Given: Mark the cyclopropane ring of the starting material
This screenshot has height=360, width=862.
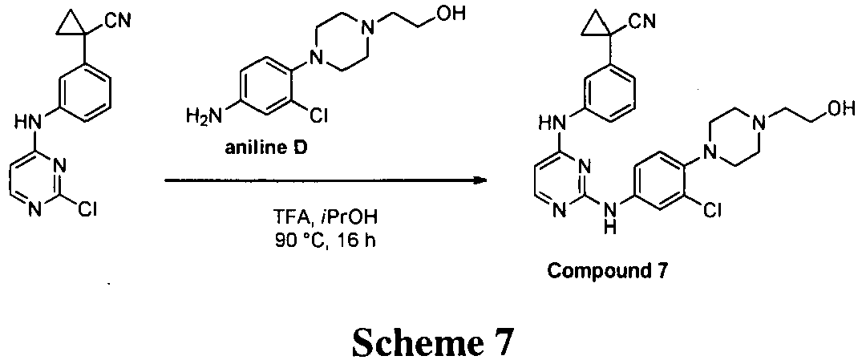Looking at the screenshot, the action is [x=78, y=24].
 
